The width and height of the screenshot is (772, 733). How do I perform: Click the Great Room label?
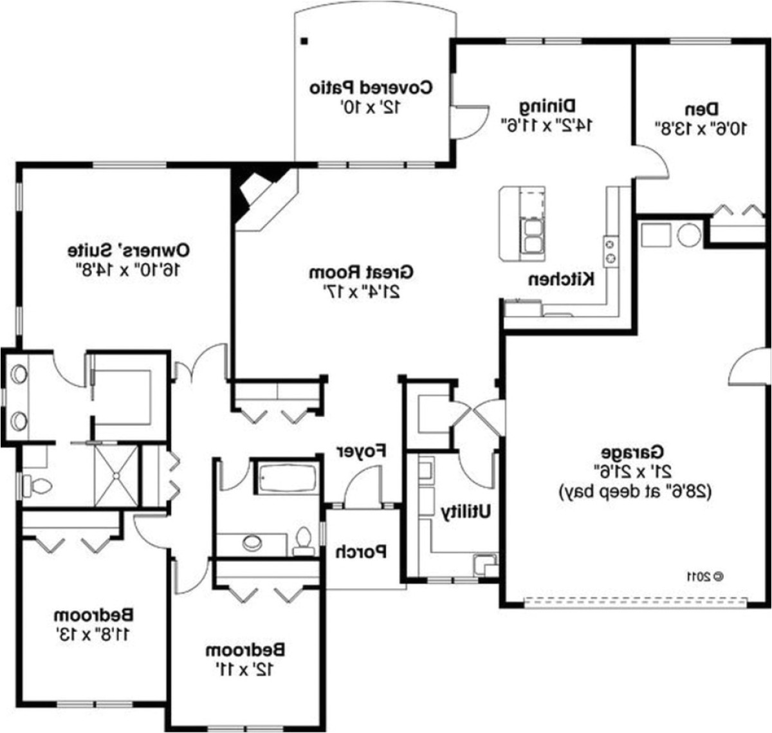click(361, 272)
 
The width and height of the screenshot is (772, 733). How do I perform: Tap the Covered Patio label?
click(371, 87)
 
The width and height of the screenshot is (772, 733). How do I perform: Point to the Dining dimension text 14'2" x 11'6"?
click(547, 125)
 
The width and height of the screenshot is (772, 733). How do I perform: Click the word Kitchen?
click(561, 279)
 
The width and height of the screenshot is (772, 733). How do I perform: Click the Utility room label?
click(466, 512)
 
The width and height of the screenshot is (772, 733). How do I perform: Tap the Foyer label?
click(361, 451)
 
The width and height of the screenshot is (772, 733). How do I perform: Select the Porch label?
click(361, 552)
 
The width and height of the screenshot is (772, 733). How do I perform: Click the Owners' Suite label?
click(129, 249)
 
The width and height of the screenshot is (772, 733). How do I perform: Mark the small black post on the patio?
click(304, 42)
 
